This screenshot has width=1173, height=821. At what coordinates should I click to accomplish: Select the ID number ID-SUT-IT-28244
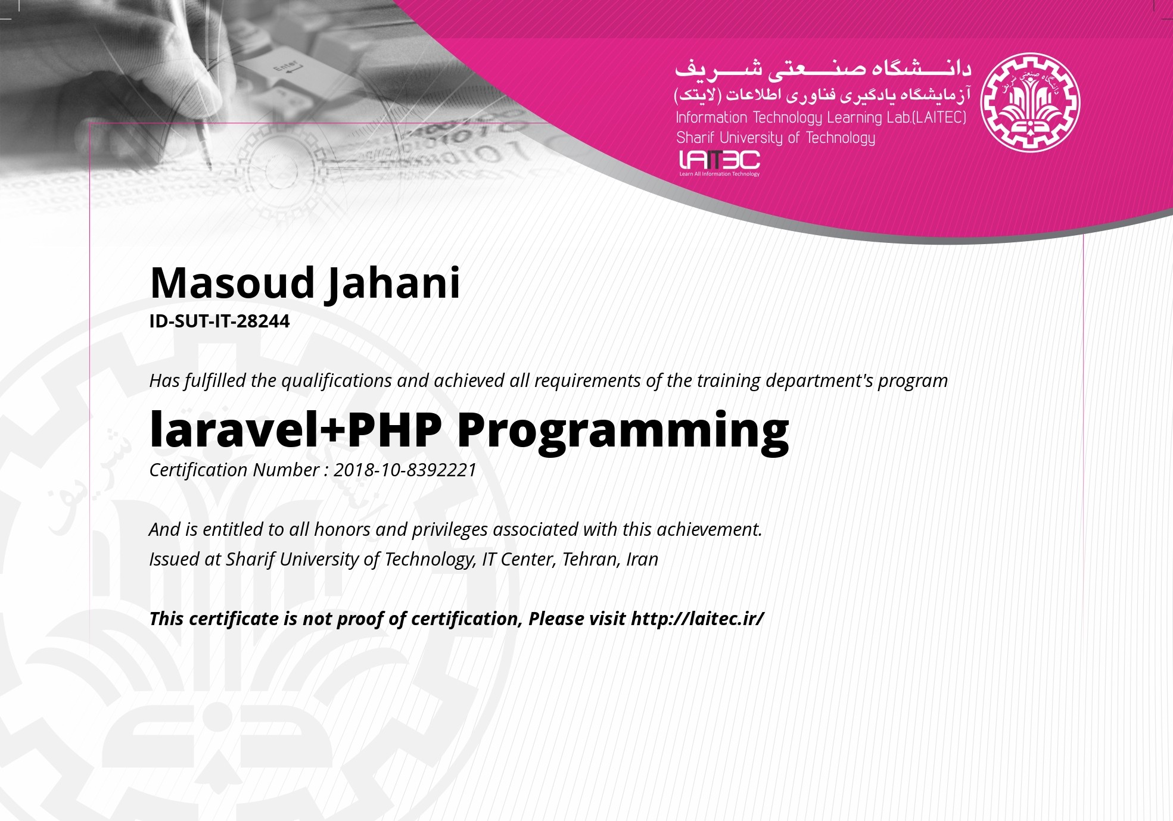point(219,321)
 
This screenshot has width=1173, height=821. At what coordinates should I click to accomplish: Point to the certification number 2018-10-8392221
point(405,470)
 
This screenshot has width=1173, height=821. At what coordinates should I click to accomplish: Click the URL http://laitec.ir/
point(697,619)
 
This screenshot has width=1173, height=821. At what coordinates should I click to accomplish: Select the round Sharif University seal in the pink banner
point(1030,102)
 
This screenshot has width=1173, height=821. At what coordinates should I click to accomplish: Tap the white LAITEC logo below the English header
point(720,163)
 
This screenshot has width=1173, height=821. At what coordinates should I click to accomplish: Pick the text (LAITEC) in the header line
point(939,117)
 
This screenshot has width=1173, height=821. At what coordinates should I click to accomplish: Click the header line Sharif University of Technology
point(776,138)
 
